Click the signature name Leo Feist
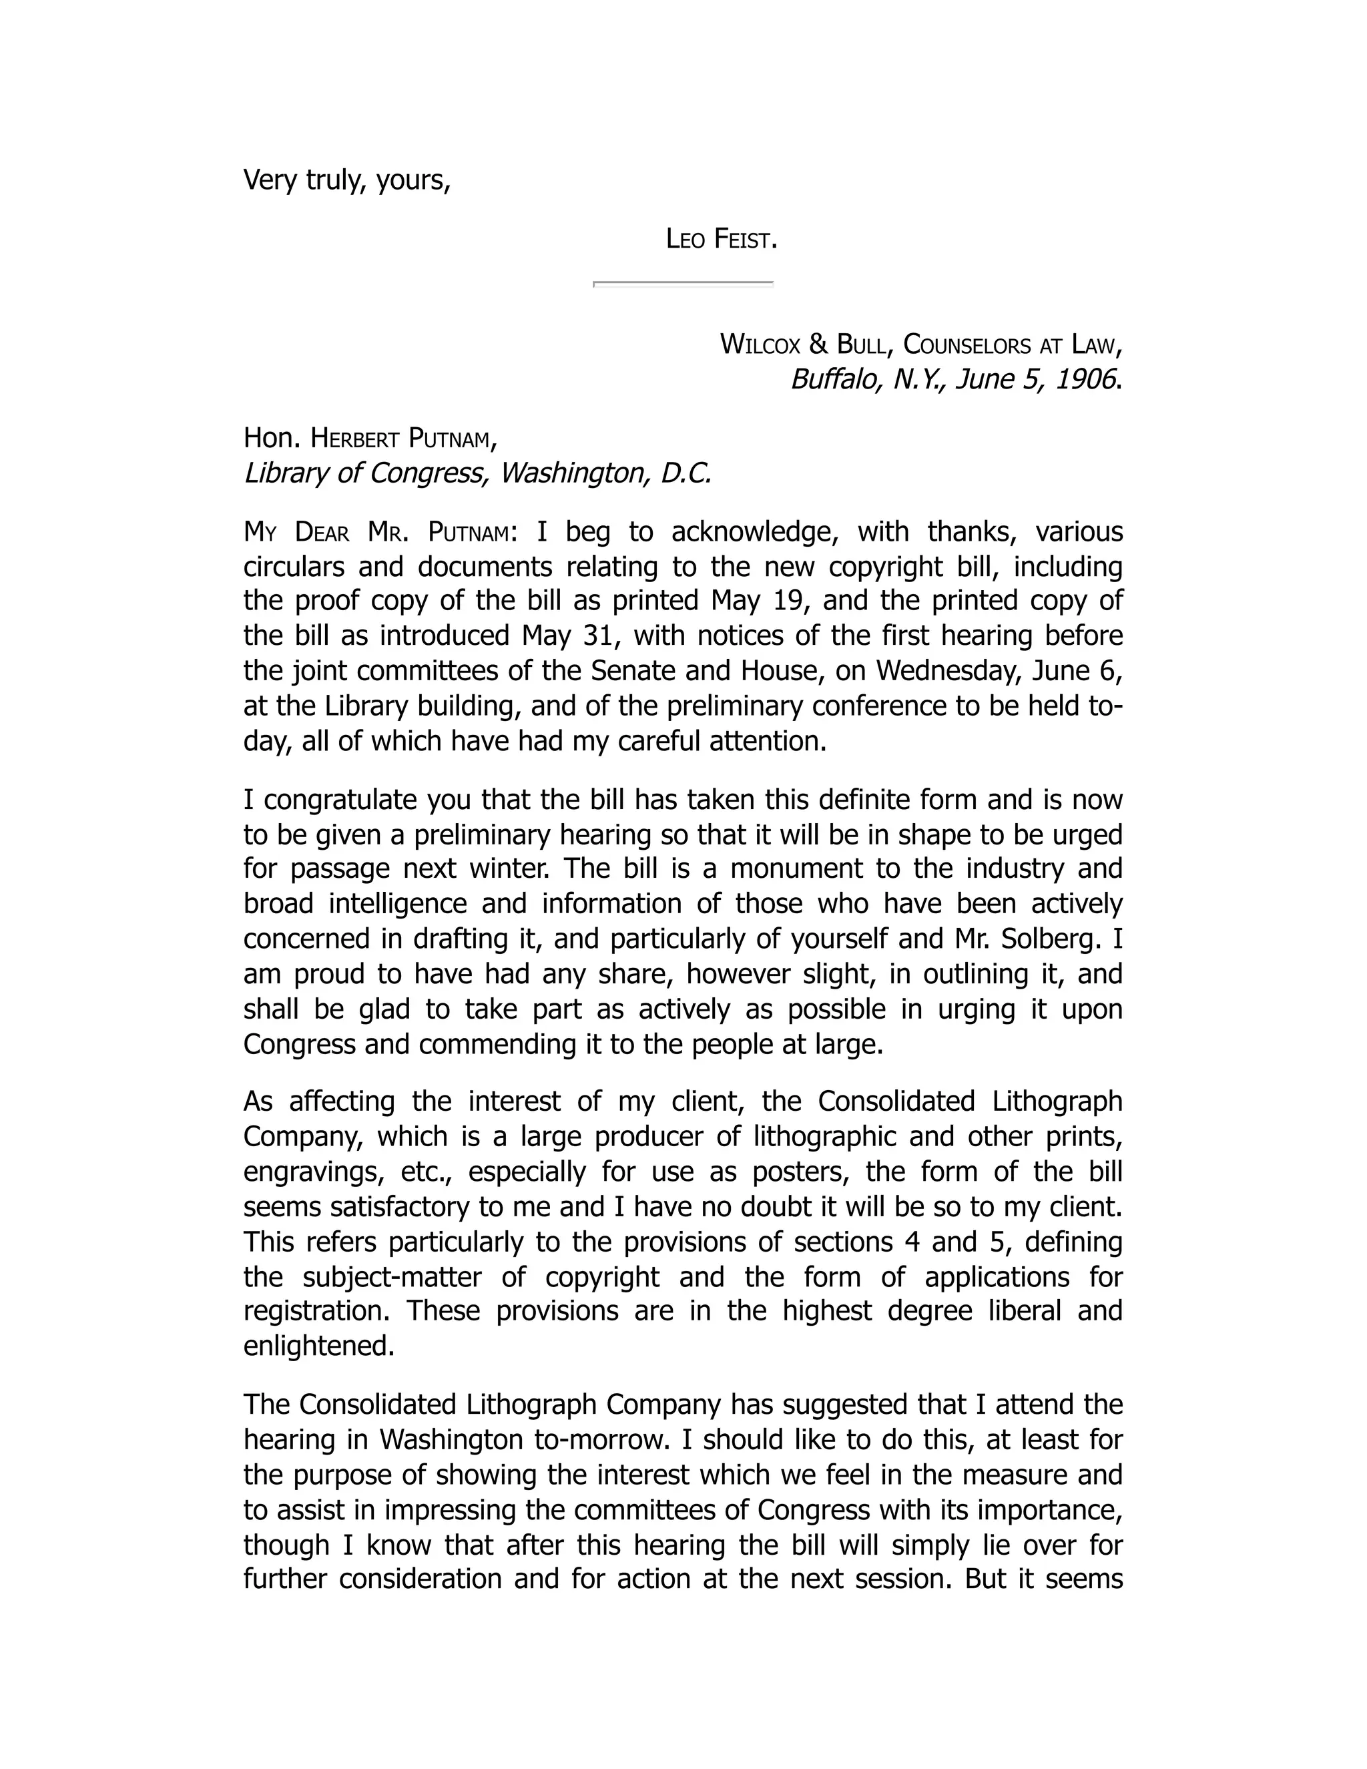click(721, 239)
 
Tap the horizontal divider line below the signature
click(683, 284)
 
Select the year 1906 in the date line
click(1085, 379)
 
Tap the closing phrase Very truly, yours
click(346, 180)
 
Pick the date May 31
click(569, 635)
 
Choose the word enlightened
click(318, 1346)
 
